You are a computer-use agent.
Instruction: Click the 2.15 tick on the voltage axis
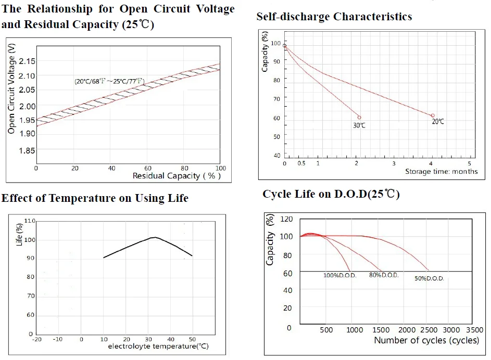pos(27,61)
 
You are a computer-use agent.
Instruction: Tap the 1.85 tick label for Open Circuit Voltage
pos(27,150)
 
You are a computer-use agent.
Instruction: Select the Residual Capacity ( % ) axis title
pos(177,176)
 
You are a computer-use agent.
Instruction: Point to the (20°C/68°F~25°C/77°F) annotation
pos(109,81)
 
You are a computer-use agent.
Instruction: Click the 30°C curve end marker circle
pos(359,118)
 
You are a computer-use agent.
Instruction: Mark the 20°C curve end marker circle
pos(433,115)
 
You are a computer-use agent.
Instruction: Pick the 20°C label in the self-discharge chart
pos(438,121)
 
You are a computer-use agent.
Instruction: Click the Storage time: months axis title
pos(441,171)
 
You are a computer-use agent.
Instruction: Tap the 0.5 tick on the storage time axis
pos(301,163)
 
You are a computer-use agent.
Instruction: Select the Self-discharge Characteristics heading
pos(334,17)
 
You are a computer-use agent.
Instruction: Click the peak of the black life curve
pos(155,237)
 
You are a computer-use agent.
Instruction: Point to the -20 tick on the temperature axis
pos(36,339)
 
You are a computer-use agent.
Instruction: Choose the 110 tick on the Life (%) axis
pos(30,221)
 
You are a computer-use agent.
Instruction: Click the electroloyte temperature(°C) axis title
pos(158,346)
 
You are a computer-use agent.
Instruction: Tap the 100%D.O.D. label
pos(340,276)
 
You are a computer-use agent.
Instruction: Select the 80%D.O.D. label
pos(384,275)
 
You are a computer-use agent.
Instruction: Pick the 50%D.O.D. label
pos(430,278)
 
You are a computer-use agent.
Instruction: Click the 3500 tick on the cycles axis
pos(475,330)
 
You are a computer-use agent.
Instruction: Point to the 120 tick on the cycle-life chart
pos(286,219)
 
